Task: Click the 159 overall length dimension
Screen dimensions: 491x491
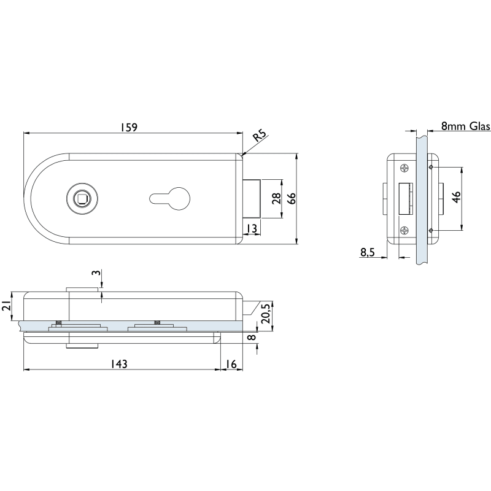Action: click(129, 128)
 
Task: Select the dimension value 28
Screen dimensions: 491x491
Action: click(277, 198)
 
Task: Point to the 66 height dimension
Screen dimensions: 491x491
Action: click(291, 198)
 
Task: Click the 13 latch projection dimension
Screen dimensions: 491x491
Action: click(251, 228)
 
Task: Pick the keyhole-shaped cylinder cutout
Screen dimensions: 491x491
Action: click(170, 198)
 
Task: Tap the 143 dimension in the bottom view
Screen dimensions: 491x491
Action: click(119, 364)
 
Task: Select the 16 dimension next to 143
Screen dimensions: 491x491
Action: click(231, 364)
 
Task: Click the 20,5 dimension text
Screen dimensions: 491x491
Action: click(266, 313)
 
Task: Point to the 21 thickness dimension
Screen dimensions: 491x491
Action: click(7, 305)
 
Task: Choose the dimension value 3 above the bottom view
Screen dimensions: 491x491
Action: click(97, 273)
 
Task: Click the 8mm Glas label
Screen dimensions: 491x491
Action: click(465, 126)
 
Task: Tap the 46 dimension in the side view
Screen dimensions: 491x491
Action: click(457, 196)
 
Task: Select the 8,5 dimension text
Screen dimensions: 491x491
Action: click(367, 252)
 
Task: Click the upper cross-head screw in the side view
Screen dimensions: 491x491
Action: click(404, 168)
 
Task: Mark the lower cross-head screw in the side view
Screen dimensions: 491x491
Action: click(404, 230)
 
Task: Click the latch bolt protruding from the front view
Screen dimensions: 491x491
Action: click(252, 198)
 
